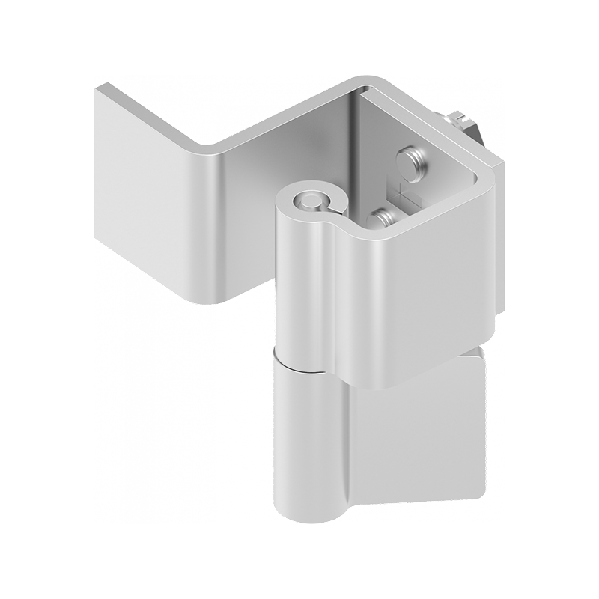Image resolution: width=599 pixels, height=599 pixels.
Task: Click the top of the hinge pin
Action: click(x=306, y=200)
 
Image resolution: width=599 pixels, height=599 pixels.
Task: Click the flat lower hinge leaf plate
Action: click(x=419, y=434)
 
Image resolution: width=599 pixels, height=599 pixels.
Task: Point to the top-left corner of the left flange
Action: click(x=98, y=89)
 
